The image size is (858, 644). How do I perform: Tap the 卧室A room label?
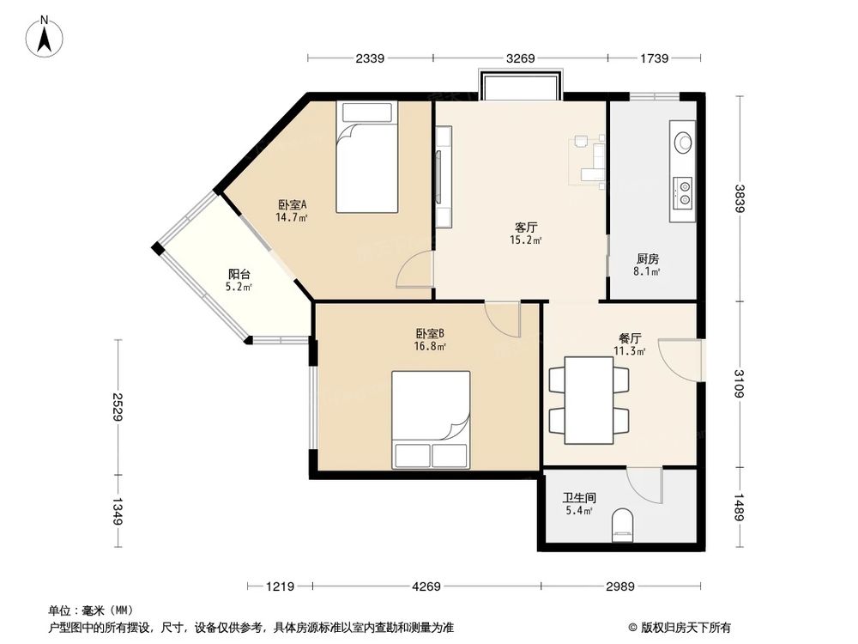point(292,205)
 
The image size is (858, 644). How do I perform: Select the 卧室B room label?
point(429,334)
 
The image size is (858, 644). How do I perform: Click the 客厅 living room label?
point(526,228)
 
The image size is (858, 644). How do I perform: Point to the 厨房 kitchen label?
point(648,258)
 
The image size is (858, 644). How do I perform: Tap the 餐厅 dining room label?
point(631,338)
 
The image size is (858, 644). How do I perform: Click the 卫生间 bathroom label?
point(579,497)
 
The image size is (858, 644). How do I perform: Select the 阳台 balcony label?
point(239,274)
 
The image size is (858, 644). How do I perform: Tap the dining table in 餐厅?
point(589,400)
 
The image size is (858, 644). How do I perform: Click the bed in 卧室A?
point(367,157)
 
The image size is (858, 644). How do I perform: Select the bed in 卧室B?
point(431,419)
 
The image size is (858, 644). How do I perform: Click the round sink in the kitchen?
point(684,143)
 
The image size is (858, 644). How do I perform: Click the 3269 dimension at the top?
point(520,58)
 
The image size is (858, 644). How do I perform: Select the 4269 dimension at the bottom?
point(426,586)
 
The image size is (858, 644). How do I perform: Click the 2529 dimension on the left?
point(116,405)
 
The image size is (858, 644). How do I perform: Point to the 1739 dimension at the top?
point(654,58)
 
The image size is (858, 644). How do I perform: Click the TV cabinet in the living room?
point(443,176)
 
